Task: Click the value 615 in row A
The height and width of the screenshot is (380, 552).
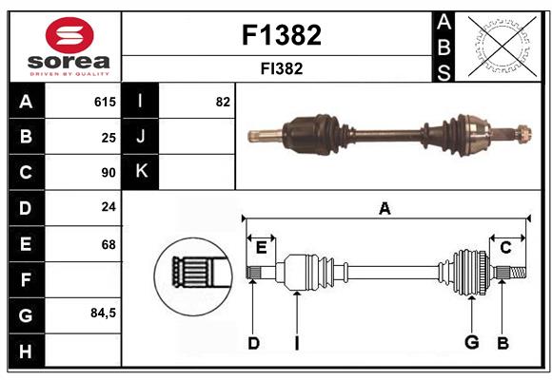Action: pyautogui.click(x=105, y=102)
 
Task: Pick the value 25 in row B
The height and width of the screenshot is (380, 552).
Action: pyautogui.click(x=108, y=137)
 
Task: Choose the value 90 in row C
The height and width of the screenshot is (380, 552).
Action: pyautogui.click(x=108, y=173)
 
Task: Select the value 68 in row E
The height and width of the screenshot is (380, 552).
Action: pyautogui.click(x=108, y=244)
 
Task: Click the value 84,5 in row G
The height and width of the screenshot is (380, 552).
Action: pyautogui.click(x=103, y=313)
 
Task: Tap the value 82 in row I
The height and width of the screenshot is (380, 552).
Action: pyautogui.click(x=223, y=102)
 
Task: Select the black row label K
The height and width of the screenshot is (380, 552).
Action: pyautogui.click(x=142, y=172)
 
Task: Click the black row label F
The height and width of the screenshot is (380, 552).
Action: pyautogui.click(x=26, y=279)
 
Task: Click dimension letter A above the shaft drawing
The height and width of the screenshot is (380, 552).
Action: pyautogui.click(x=384, y=208)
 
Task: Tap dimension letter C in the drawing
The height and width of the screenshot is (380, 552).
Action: pyautogui.click(x=505, y=247)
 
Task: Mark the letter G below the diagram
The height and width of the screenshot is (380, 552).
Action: pyautogui.click(x=471, y=342)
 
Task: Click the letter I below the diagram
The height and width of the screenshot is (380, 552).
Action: pyautogui.click(x=296, y=343)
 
